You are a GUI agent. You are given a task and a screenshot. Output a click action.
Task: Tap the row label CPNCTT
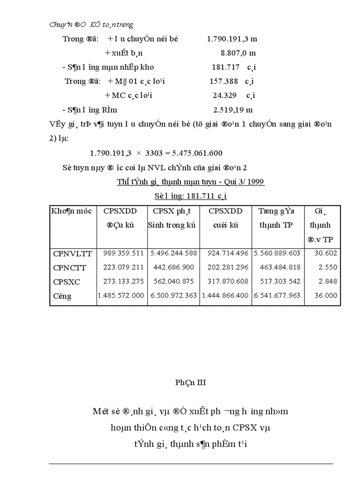tap(70, 268)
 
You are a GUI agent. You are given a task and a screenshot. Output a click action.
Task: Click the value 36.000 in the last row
tap(326, 296)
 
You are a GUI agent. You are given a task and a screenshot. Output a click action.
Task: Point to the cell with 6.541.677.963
tap(277, 296)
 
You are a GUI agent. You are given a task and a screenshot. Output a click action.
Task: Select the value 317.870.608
tap(225, 282)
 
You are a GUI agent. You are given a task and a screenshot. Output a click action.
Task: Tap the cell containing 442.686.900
tap(173, 268)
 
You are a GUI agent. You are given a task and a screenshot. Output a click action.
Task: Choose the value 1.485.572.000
tap(121, 296)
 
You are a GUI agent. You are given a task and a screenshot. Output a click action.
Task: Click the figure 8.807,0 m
tap(238, 53)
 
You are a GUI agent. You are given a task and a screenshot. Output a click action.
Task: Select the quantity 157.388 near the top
tap(224, 81)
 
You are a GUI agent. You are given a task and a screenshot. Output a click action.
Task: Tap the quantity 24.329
tap(224, 95)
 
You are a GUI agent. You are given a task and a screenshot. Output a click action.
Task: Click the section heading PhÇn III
tap(191, 383)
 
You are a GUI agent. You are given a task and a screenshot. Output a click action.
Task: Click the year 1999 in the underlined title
tap(255, 182)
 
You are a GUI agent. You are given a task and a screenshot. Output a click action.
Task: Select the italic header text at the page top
tap(91, 25)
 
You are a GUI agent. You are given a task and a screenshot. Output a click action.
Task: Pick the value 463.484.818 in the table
tap(277, 268)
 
